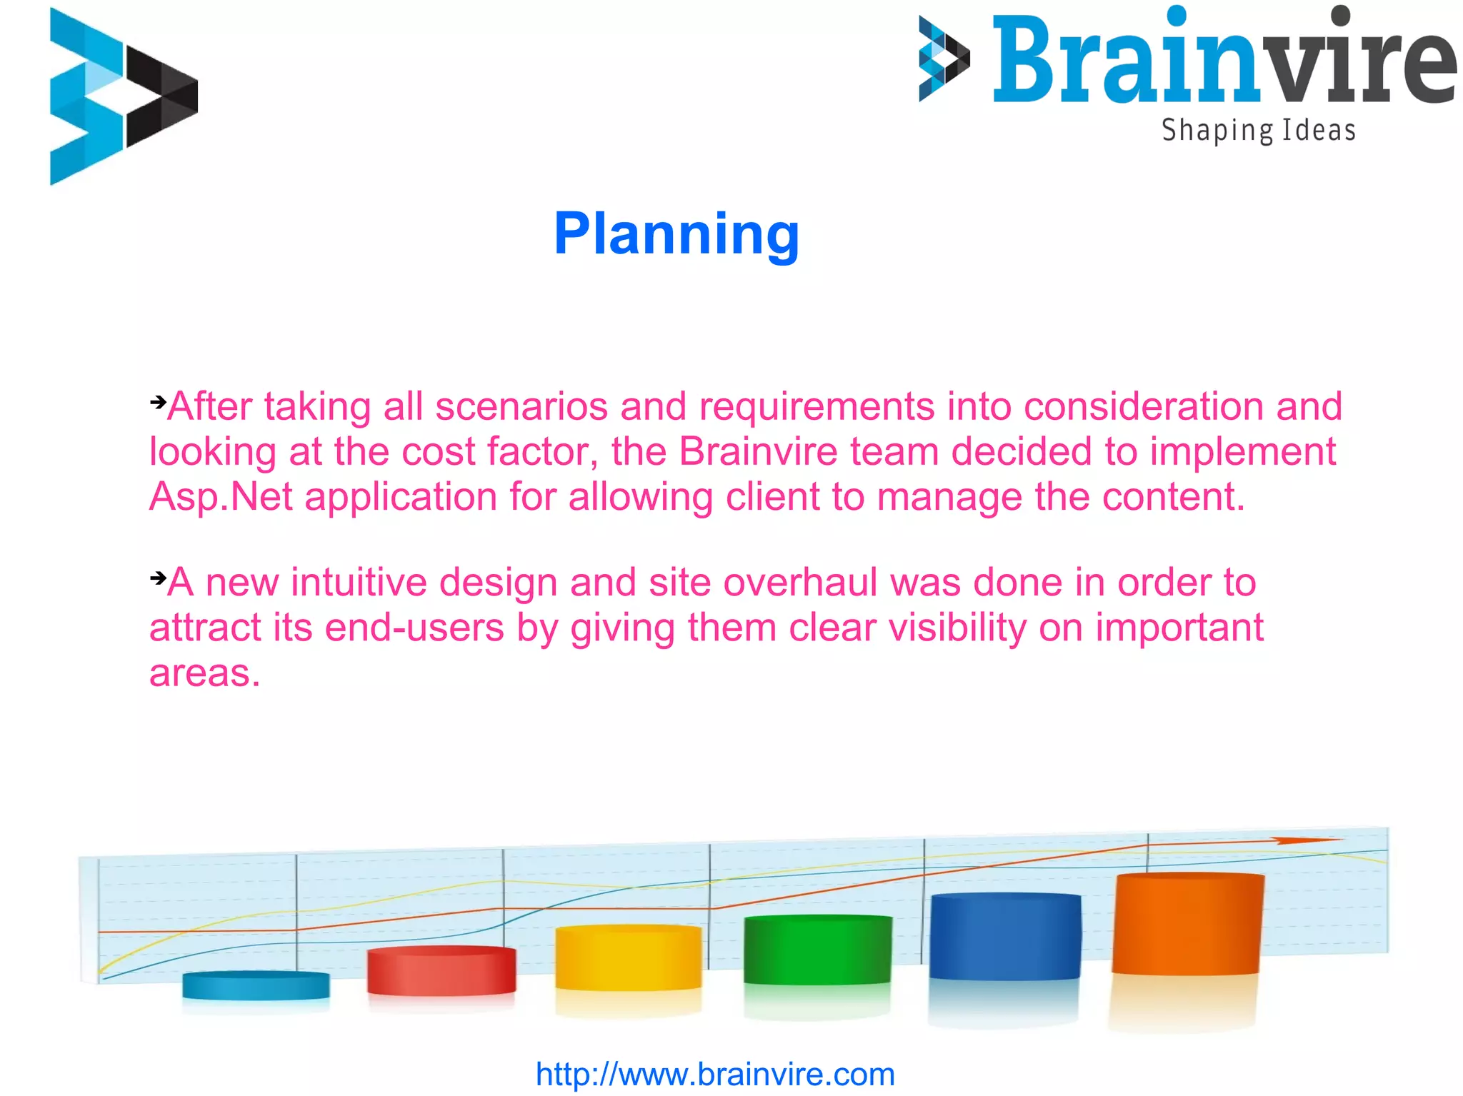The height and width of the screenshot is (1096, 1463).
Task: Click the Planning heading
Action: pyautogui.click(x=676, y=234)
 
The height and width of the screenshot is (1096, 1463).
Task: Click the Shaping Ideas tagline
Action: pyautogui.click(x=1258, y=131)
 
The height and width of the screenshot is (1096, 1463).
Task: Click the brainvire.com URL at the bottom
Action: pyautogui.click(x=715, y=1074)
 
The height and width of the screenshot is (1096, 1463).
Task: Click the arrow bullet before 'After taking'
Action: pyautogui.click(x=158, y=402)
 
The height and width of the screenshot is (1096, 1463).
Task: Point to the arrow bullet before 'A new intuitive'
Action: pyautogui.click(x=158, y=577)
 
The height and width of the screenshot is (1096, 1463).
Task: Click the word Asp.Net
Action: pyautogui.click(x=221, y=496)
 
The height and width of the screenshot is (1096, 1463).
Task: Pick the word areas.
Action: pyautogui.click(x=204, y=673)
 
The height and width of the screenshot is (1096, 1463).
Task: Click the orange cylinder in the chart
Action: pyautogui.click(x=1187, y=925)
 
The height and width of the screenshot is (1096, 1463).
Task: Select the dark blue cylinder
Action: pyautogui.click(x=1004, y=937)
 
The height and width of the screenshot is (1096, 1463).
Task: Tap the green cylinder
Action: pyautogui.click(x=817, y=950)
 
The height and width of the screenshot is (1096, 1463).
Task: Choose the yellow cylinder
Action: pyautogui.click(x=628, y=958)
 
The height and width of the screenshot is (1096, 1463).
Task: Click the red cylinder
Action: pyautogui.click(x=441, y=971)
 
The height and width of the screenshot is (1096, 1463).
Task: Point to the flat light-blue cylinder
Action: pyautogui.click(x=256, y=985)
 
